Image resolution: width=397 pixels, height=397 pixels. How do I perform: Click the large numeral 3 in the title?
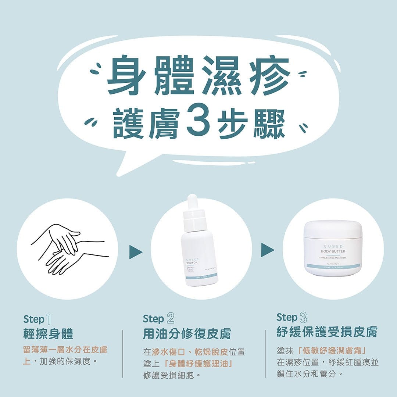point(199,122)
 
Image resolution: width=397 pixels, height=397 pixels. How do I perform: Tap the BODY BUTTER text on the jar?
point(333,251)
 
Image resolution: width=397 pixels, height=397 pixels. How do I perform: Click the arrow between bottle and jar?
point(267,250)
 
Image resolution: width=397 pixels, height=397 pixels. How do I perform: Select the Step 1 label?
point(39,319)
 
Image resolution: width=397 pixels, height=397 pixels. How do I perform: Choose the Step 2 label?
point(158,318)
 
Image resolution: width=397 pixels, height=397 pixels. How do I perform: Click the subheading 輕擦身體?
point(48,334)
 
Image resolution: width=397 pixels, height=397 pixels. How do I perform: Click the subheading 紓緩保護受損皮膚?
point(327,332)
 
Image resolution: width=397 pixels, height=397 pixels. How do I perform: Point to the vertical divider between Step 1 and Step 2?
point(122,353)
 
